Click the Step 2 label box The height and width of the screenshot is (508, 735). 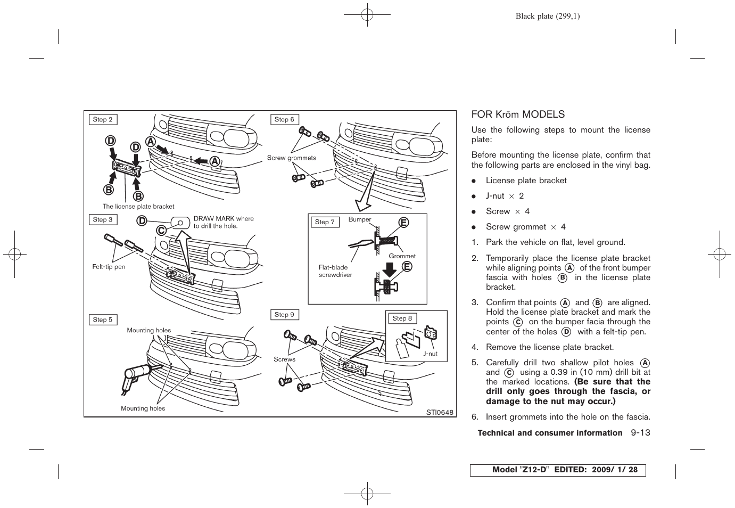(103, 120)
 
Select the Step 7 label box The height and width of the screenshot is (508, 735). (325, 222)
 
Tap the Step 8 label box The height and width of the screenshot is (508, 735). (402, 318)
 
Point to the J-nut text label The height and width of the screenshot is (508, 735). (430, 354)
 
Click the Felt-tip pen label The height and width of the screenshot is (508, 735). (109, 267)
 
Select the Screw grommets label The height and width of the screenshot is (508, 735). (291, 158)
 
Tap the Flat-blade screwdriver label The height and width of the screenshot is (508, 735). (335, 271)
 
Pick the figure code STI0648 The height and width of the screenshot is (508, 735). (439, 412)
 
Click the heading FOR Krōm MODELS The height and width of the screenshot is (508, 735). (518, 114)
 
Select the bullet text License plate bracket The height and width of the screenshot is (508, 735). (526, 181)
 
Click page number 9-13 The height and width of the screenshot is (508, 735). (641, 433)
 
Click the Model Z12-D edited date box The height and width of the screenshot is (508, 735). (557, 470)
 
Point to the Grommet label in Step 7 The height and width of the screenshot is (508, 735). (402, 256)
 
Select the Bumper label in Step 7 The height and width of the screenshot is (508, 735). (360, 219)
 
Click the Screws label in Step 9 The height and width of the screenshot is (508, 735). (284, 359)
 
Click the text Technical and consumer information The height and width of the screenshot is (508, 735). (550, 433)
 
